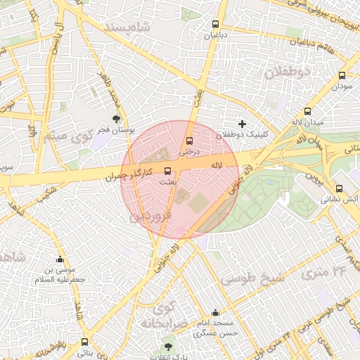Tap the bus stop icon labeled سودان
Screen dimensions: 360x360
tap(342, 75)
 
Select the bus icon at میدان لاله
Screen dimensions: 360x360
tap(307, 111)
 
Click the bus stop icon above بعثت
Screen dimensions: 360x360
tap(167, 171)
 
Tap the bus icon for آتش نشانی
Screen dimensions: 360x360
tap(340, 188)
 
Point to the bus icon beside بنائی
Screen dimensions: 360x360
tap(84, 342)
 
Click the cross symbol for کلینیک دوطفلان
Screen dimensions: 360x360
tap(243, 124)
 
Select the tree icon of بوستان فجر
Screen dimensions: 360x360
tap(116, 119)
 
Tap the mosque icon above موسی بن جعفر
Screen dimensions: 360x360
tap(60, 258)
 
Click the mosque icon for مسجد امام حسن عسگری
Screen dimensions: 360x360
tap(215, 313)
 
